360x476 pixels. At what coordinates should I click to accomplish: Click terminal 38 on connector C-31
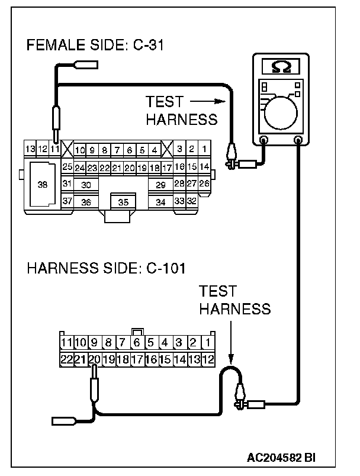coord(42,185)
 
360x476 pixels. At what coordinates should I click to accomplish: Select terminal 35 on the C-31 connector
coord(123,202)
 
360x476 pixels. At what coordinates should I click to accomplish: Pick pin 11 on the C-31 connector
coord(54,149)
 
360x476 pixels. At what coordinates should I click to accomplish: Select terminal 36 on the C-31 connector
coord(86,202)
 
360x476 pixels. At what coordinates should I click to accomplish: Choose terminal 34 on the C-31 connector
coord(160,202)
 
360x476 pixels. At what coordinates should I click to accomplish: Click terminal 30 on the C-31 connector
coord(86,185)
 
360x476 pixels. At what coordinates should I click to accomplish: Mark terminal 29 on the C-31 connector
coord(160,185)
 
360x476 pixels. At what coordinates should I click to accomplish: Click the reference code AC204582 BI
coord(281,457)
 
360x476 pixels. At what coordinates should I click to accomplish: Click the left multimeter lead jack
coord(263,140)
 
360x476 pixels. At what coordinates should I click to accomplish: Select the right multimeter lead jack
coord(299,140)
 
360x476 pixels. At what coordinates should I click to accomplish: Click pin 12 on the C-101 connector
coord(207,358)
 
